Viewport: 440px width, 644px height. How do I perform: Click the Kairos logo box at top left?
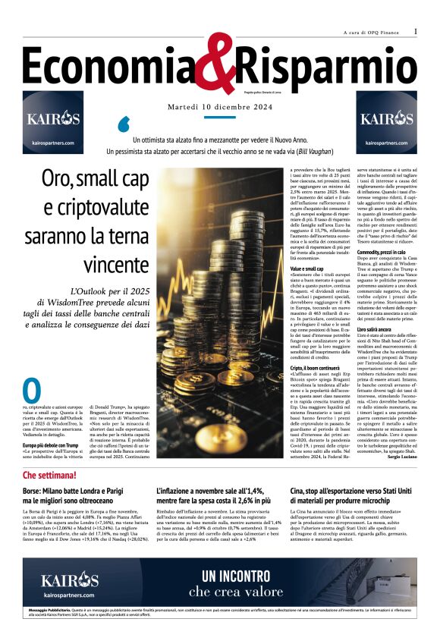53,121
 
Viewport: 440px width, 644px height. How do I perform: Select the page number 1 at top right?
416,31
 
